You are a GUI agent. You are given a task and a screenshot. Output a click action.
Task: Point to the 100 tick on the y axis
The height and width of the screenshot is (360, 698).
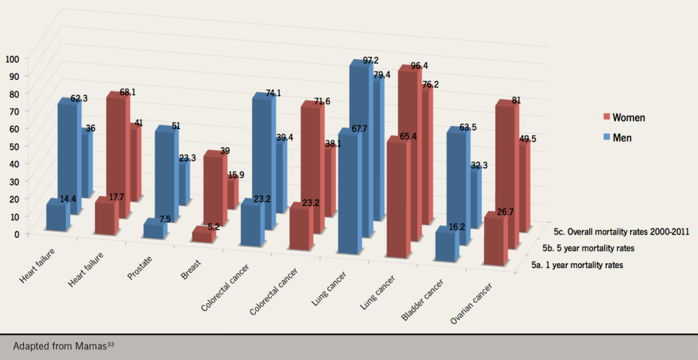14,59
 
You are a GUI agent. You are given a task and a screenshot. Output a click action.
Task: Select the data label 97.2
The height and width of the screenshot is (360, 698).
370,61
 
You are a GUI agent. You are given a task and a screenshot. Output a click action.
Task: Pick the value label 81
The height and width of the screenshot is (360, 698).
516,100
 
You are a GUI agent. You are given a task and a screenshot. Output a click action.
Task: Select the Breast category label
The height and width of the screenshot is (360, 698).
189,271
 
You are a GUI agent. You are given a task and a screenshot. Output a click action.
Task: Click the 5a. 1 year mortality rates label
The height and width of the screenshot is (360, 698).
579,265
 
